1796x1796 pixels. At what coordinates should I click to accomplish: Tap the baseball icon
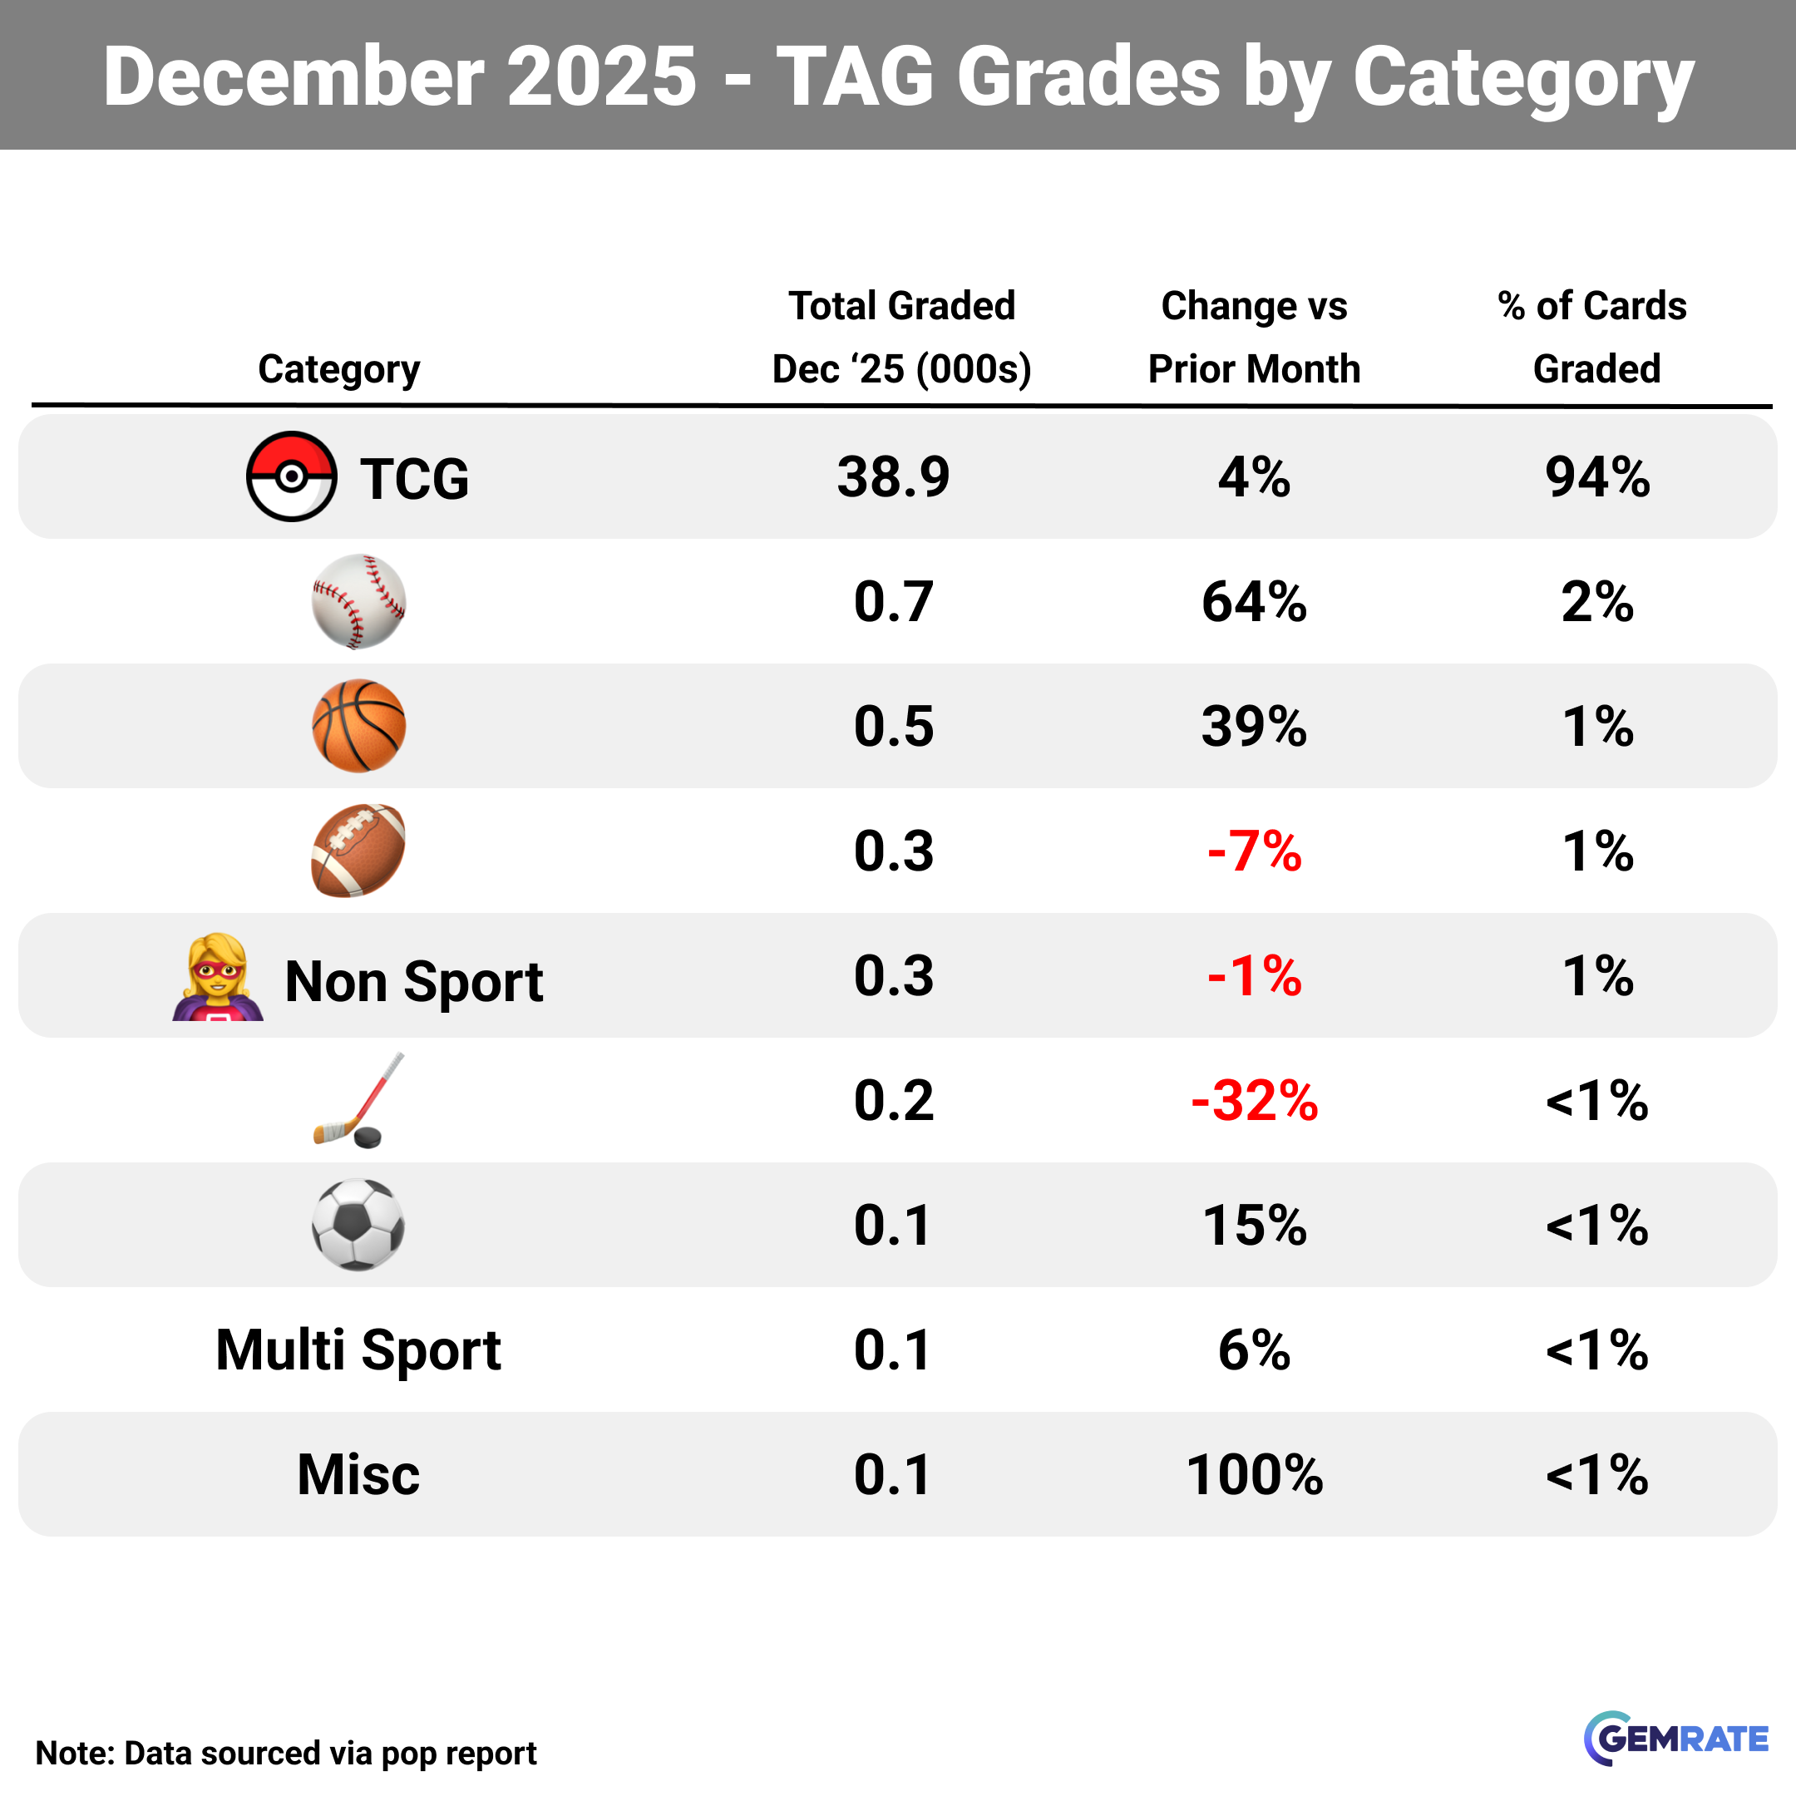point(358,601)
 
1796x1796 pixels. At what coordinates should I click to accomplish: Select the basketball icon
point(358,726)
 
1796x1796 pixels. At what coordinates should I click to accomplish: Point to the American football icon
point(358,851)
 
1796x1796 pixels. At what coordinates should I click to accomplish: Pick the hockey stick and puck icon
point(358,1101)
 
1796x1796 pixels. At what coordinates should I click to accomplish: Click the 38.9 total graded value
point(892,477)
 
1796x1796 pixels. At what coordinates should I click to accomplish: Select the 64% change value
point(1254,601)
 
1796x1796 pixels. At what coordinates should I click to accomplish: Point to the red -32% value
point(1254,1101)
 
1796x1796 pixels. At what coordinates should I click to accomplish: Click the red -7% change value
point(1254,851)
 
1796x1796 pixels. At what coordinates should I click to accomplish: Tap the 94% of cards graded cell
point(1597,477)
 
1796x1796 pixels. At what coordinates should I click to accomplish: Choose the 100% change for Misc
point(1254,1474)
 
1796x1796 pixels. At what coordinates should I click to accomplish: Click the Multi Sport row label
point(358,1349)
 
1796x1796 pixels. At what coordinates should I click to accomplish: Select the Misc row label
point(358,1474)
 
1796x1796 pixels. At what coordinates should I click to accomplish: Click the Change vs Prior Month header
point(1254,337)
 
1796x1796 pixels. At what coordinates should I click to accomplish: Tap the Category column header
point(338,369)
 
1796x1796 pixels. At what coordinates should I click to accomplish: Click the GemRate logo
point(1675,1738)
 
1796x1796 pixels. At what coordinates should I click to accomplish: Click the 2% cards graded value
point(1597,601)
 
